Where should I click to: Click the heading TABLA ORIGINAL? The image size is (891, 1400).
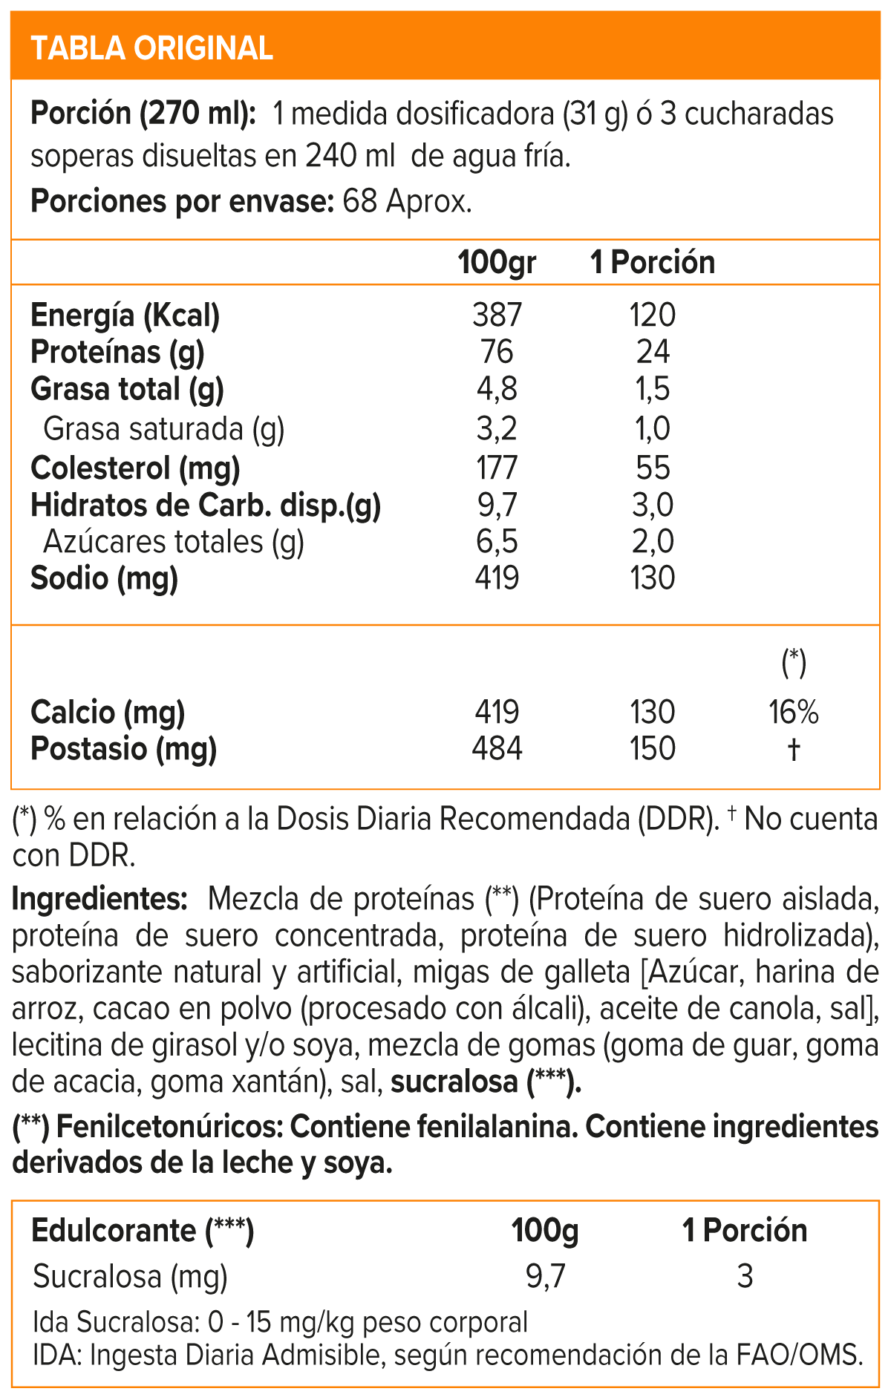point(152,48)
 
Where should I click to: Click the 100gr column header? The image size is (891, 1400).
point(497,263)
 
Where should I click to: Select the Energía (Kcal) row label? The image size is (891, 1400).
point(125,315)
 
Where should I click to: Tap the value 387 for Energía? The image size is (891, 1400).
point(497,315)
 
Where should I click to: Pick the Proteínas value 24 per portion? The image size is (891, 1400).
point(653,352)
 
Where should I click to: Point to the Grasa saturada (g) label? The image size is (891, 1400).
point(164,429)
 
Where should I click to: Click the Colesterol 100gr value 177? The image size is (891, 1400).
point(497,468)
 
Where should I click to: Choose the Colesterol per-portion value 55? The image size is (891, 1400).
point(653,468)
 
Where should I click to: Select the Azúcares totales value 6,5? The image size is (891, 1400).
point(497,542)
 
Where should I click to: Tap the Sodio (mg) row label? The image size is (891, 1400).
point(105,578)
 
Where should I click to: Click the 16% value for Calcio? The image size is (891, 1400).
point(794,713)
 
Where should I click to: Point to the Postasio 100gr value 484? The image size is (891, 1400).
point(497,748)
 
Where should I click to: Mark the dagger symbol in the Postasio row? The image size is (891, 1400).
point(794,749)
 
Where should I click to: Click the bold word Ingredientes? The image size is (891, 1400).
point(99,899)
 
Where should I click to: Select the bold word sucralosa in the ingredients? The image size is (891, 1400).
point(454,1082)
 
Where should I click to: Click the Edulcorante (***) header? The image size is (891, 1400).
point(143,1231)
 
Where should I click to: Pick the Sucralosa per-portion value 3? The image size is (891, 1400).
point(745,1277)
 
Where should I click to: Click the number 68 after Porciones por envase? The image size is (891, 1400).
point(359,202)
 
